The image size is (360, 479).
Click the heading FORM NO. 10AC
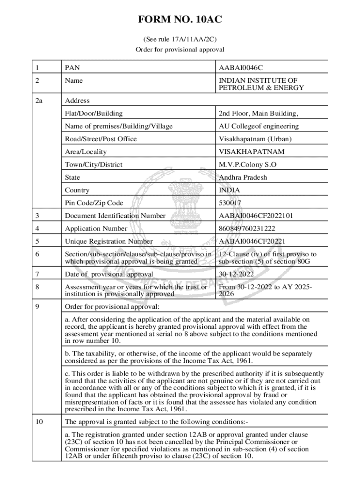tap(180, 20)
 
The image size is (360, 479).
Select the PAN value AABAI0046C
tap(245, 68)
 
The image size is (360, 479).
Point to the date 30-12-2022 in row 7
tap(237, 274)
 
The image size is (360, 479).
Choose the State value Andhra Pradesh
tap(243, 177)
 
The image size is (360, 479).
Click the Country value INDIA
tap(230, 190)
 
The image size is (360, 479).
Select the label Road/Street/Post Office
tap(101, 139)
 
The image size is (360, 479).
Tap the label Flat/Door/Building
tap(94, 113)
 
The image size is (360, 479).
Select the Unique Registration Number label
tap(109, 241)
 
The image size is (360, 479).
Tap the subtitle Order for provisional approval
tap(180, 49)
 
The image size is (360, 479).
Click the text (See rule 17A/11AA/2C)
tap(180, 39)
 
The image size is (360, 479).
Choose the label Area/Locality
tap(86, 152)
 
